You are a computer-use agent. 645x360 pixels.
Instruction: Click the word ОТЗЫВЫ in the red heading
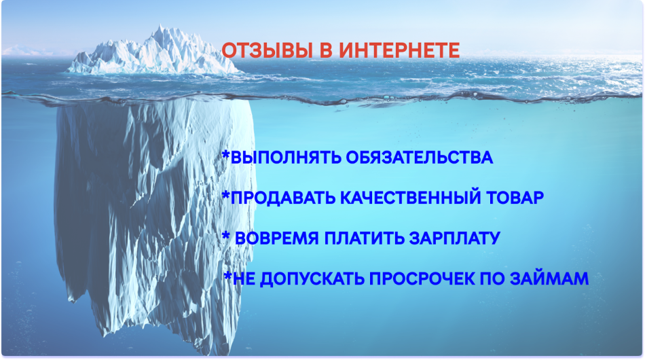coord(268,50)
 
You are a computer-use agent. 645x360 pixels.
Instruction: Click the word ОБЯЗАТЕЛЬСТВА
coord(419,158)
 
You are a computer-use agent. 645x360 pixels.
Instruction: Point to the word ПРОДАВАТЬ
coord(283,198)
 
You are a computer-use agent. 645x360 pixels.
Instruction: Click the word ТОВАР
coord(515,198)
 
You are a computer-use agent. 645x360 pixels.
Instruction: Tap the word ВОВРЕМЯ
coord(276,238)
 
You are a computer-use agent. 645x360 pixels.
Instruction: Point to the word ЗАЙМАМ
coord(549,278)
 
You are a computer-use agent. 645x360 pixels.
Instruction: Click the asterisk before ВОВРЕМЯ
coord(225,236)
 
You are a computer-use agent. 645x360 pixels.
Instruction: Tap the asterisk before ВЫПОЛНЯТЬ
coord(225,155)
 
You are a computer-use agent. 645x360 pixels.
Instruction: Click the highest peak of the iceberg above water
coord(160,26)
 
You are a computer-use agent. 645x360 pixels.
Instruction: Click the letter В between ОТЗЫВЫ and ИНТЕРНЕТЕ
coord(327,50)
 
